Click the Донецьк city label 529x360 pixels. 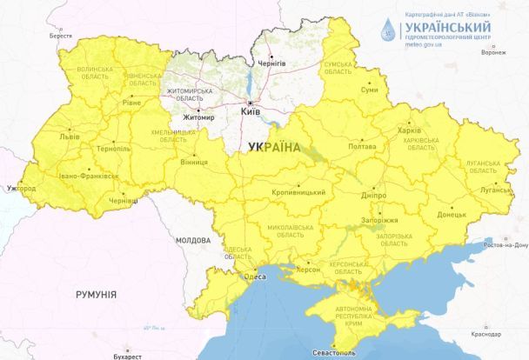click(x=451, y=213)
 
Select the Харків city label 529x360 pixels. click(x=409, y=130)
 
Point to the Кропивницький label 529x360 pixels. click(x=298, y=191)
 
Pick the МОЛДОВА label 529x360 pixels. click(x=192, y=239)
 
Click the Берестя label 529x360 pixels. click(x=61, y=36)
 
